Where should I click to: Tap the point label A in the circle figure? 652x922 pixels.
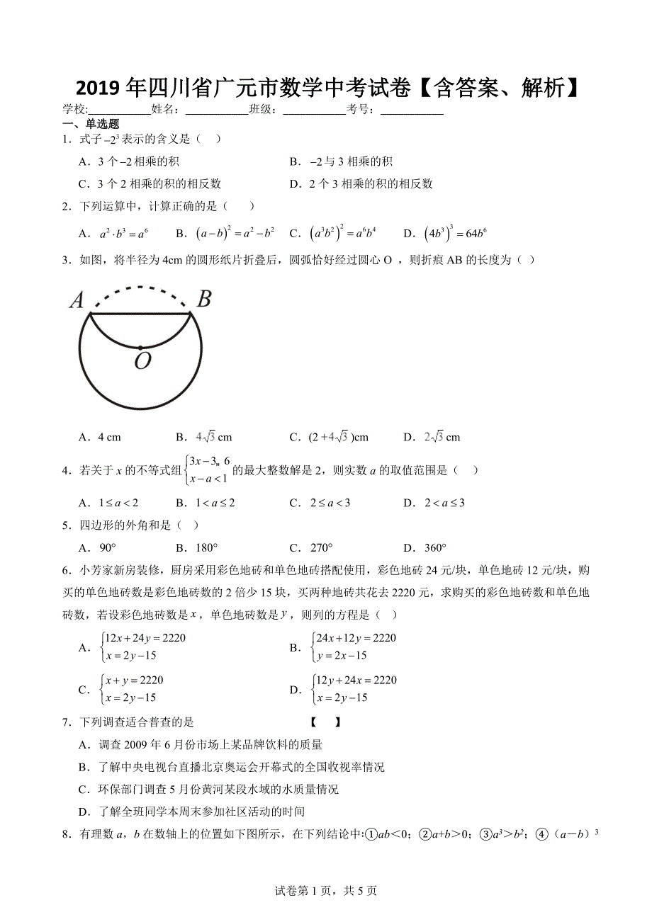[77, 301]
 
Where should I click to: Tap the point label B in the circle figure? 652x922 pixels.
[203, 299]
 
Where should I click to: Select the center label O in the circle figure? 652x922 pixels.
[142, 361]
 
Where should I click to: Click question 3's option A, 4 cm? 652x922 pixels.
[100, 437]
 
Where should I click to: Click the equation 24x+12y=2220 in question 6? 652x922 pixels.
[356, 638]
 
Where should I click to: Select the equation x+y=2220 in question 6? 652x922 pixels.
[133, 681]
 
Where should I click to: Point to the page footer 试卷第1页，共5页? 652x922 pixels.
[326, 891]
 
